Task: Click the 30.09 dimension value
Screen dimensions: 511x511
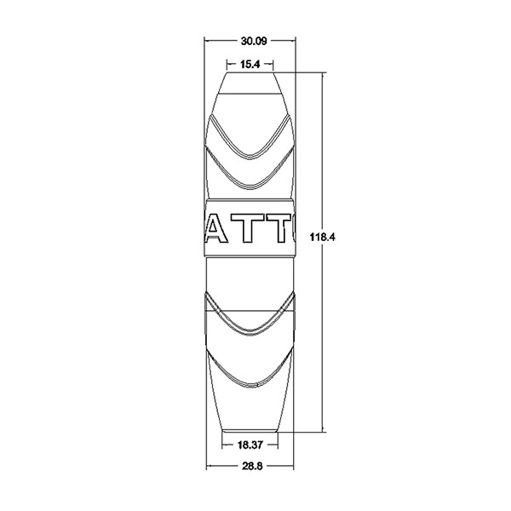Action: click(254, 41)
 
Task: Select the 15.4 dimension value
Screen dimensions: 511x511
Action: click(250, 65)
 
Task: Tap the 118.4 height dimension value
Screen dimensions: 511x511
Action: click(322, 237)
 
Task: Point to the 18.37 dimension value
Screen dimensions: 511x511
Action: click(250, 445)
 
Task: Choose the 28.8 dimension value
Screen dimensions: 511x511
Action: click(252, 467)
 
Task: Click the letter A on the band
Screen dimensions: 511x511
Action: click(215, 228)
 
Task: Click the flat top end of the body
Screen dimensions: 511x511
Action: click(250, 72)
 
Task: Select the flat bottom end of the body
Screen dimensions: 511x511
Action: click(250, 431)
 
